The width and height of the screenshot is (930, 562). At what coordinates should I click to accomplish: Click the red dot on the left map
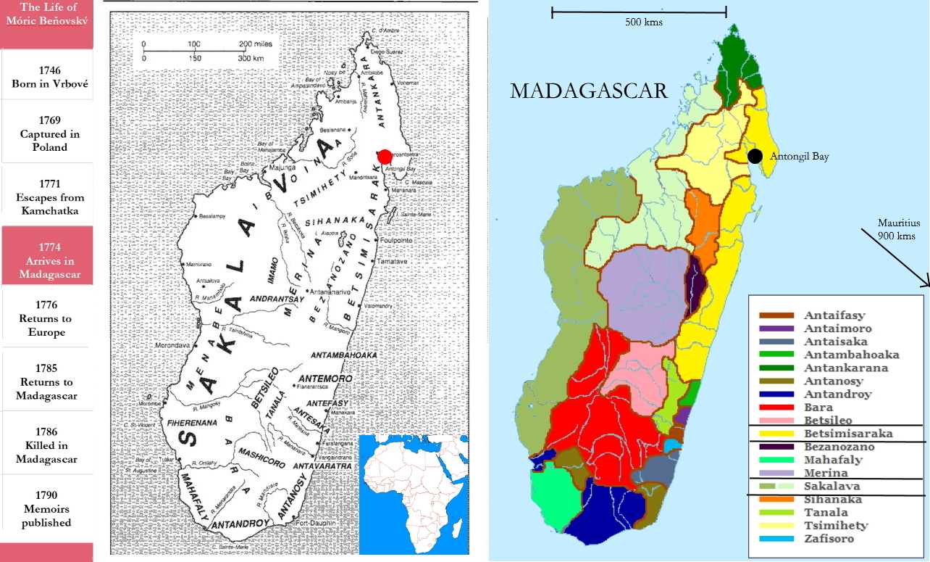[x=385, y=157]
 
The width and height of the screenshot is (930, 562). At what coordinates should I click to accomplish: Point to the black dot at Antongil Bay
[x=755, y=156]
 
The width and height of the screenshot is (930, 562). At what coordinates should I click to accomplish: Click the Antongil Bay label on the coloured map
[x=799, y=157]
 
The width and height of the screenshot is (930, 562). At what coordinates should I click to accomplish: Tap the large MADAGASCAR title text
[x=588, y=91]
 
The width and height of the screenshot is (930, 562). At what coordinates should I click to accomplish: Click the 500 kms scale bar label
[x=643, y=22]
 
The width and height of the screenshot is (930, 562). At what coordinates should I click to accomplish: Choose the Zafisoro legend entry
[x=829, y=539]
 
